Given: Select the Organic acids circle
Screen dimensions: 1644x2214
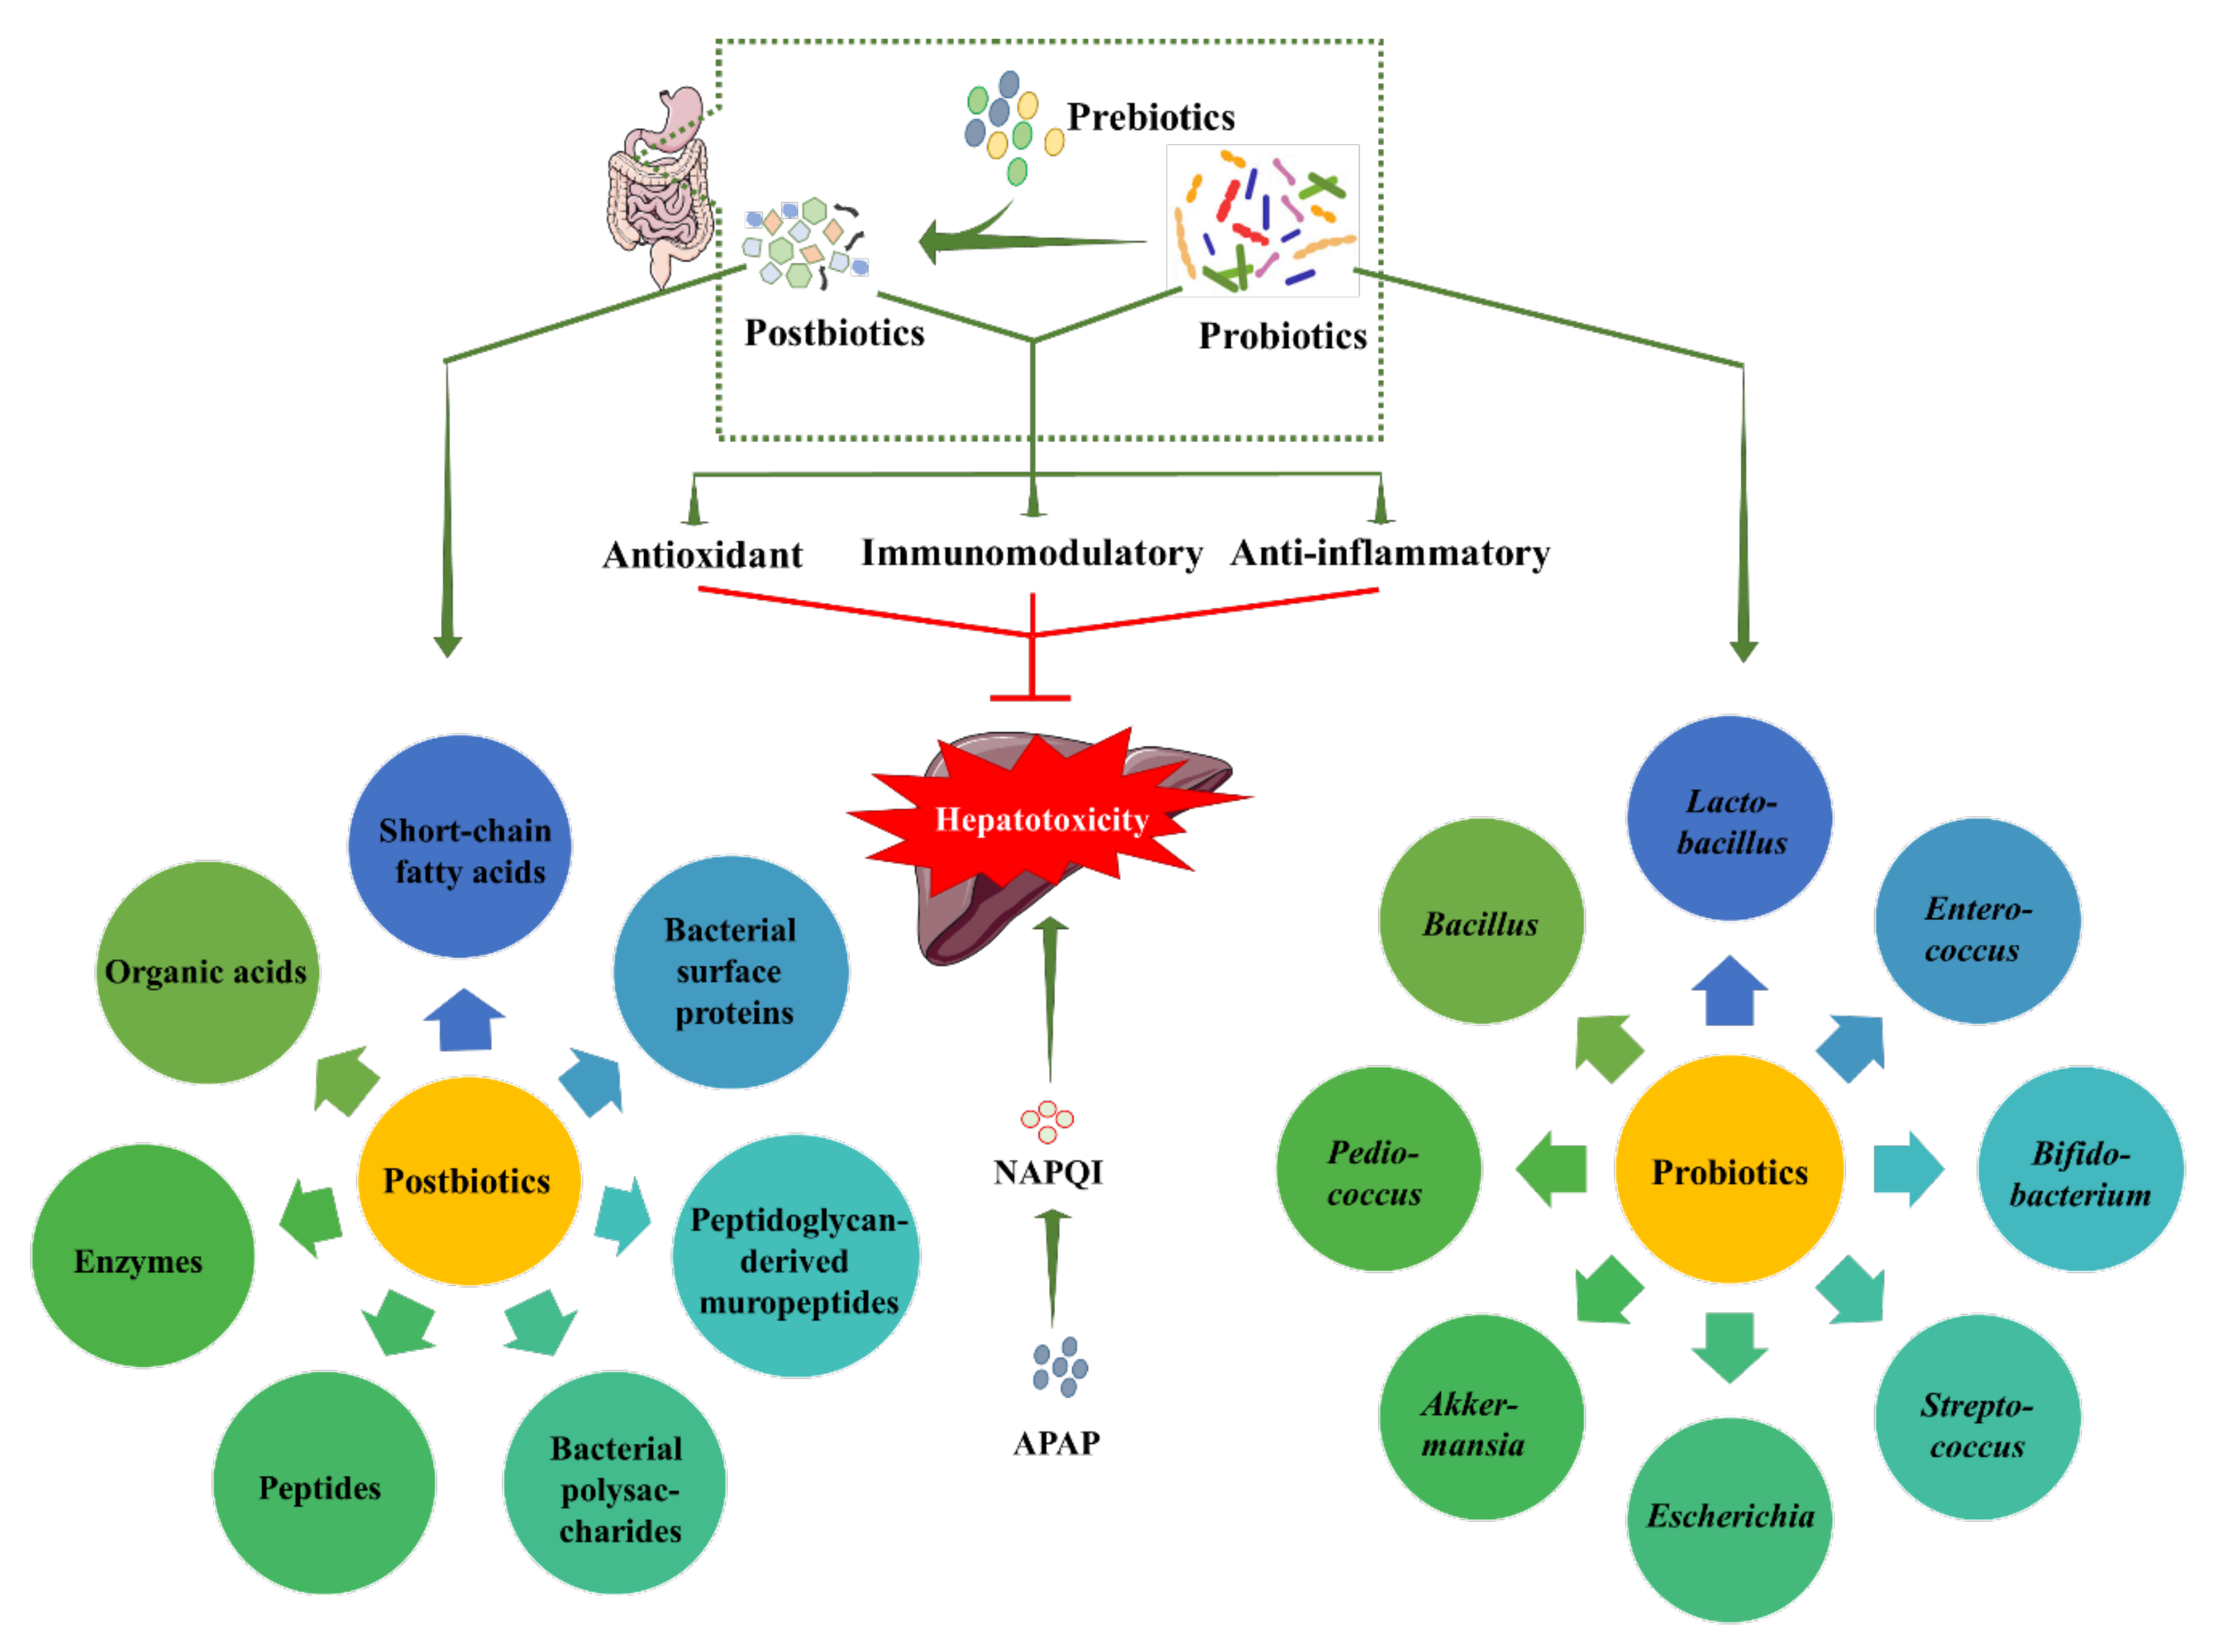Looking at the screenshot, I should pyautogui.click(x=207, y=972).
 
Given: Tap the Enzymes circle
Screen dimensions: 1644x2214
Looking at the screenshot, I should pyautogui.click(x=141, y=1257).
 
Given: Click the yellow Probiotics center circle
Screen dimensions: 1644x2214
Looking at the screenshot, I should pyautogui.click(x=1729, y=1172).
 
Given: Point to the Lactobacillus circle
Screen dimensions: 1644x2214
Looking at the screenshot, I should pyautogui.click(x=1729, y=820).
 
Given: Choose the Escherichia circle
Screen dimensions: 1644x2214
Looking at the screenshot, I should pyautogui.click(x=1729, y=1518).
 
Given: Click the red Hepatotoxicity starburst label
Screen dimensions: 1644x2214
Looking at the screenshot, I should pyautogui.click(x=1042, y=820).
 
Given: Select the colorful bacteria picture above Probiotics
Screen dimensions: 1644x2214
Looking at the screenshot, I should pyautogui.click(x=1262, y=221).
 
